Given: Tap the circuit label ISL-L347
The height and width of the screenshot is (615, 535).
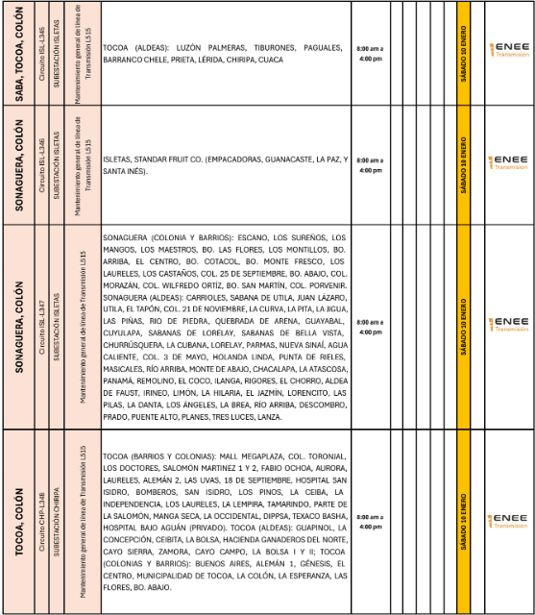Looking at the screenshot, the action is click(x=40, y=328).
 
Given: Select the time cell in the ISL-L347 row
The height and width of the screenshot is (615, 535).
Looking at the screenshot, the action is click(x=370, y=328).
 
